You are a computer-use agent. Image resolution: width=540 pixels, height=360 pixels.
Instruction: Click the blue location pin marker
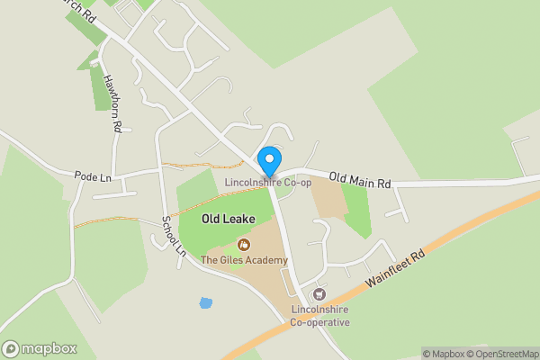[x=268, y=160]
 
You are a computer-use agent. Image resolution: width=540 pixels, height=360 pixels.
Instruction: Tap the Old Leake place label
[x=229, y=219]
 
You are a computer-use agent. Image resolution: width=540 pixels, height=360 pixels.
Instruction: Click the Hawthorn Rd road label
[x=112, y=103]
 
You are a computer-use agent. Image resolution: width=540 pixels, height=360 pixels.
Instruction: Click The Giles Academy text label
[x=244, y=261]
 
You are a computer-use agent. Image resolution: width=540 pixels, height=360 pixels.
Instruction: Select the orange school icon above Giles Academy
[x=243, y=244]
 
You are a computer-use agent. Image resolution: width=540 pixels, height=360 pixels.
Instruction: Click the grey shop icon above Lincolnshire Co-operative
[x=317, y=294]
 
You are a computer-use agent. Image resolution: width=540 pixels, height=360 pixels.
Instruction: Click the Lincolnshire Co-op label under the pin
[x=268, y=183]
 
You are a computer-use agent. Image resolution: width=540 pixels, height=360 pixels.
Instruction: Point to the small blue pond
[x=206, y=303]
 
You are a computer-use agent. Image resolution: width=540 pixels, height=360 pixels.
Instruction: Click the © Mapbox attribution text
[x=443, y=354]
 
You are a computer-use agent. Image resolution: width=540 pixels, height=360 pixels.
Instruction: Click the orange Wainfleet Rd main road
[x=468, y=233]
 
